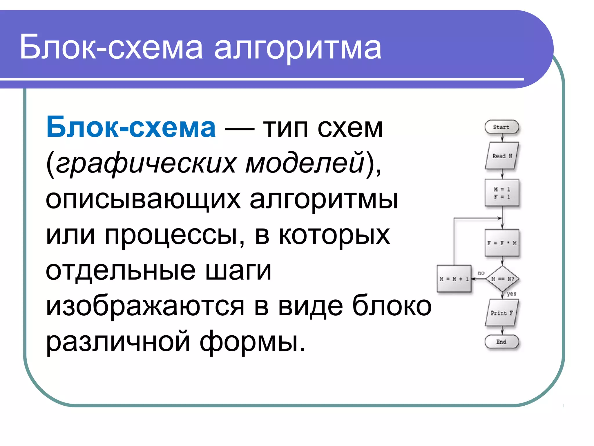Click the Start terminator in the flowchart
[x=501, y=127]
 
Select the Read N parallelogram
[x=502, y=156]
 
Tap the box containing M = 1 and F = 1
[x=502, y=193]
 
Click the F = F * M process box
[x=502, y=243]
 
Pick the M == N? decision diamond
[x=502, y=279]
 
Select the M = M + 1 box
[x=454, y=279]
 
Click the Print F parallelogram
[x=502, y=313]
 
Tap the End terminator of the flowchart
[x=501, y=342]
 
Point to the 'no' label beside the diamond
[x=481, y=273]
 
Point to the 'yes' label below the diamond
[x=511, y=294]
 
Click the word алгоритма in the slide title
[x=298, y=47]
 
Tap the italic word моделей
[x=305, y=163]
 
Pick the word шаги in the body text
[x=238, y=271]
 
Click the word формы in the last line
[x=252, y=342]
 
